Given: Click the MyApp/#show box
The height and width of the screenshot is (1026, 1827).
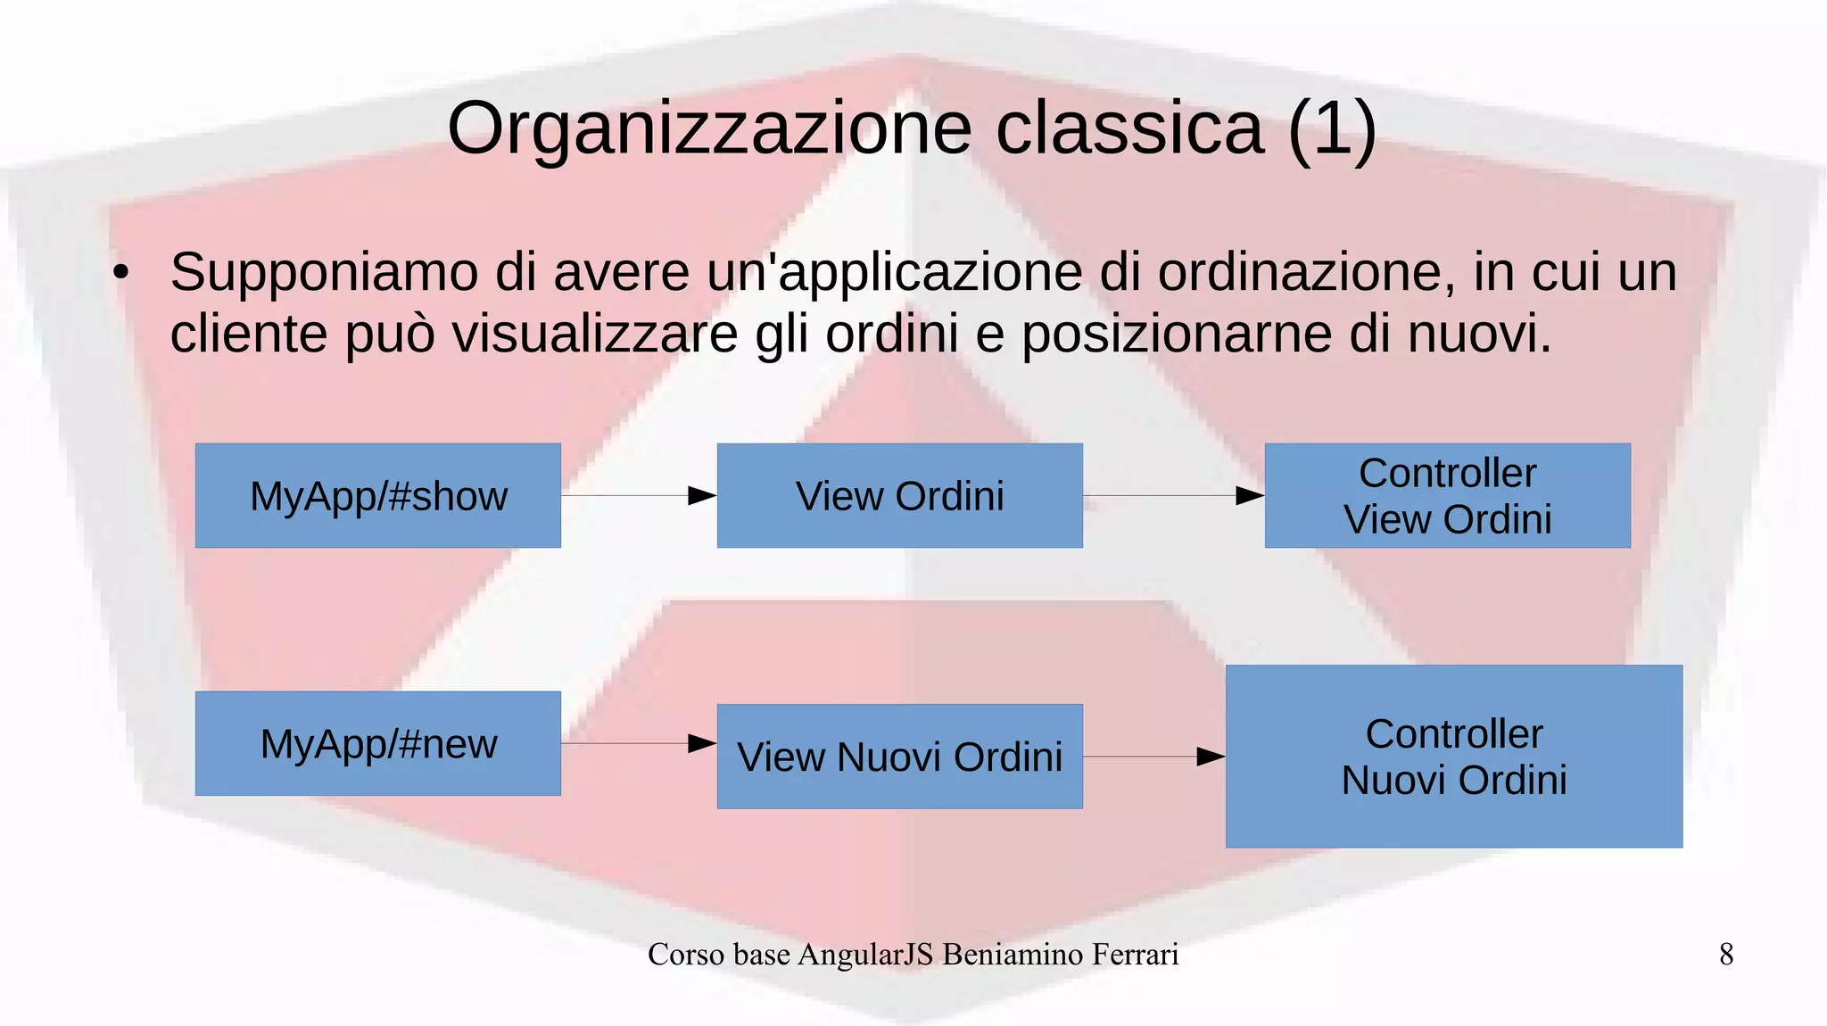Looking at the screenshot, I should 378,496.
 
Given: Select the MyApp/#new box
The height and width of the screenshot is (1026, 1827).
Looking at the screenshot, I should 378,743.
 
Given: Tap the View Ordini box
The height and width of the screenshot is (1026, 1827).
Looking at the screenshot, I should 899,496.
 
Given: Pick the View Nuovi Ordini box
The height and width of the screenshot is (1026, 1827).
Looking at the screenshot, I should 899,757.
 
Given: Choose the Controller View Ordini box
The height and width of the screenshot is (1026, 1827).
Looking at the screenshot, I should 1447,496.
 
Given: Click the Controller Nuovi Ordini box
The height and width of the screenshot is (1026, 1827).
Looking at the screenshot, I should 1454,757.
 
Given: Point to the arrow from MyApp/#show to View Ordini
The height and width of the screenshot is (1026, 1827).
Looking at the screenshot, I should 639,496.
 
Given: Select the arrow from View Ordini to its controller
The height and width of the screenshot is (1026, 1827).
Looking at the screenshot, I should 1173,496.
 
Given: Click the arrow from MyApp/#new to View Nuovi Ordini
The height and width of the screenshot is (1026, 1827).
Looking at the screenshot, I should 639,743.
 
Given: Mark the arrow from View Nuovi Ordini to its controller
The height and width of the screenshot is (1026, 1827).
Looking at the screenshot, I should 1153,757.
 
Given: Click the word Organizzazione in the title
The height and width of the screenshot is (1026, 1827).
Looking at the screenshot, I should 709,129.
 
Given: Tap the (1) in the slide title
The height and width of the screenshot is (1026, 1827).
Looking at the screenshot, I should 1332,129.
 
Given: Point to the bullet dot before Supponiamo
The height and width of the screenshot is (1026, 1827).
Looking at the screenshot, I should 121,272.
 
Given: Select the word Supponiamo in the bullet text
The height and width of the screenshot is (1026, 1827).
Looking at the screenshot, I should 324,272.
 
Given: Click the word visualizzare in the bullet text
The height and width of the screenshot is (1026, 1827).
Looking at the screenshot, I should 595,335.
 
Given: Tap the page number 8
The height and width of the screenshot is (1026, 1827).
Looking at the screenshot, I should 1726,955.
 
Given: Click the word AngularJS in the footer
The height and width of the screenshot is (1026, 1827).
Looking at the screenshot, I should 865,955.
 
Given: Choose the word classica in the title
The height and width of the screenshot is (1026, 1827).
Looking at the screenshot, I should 1129,129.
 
